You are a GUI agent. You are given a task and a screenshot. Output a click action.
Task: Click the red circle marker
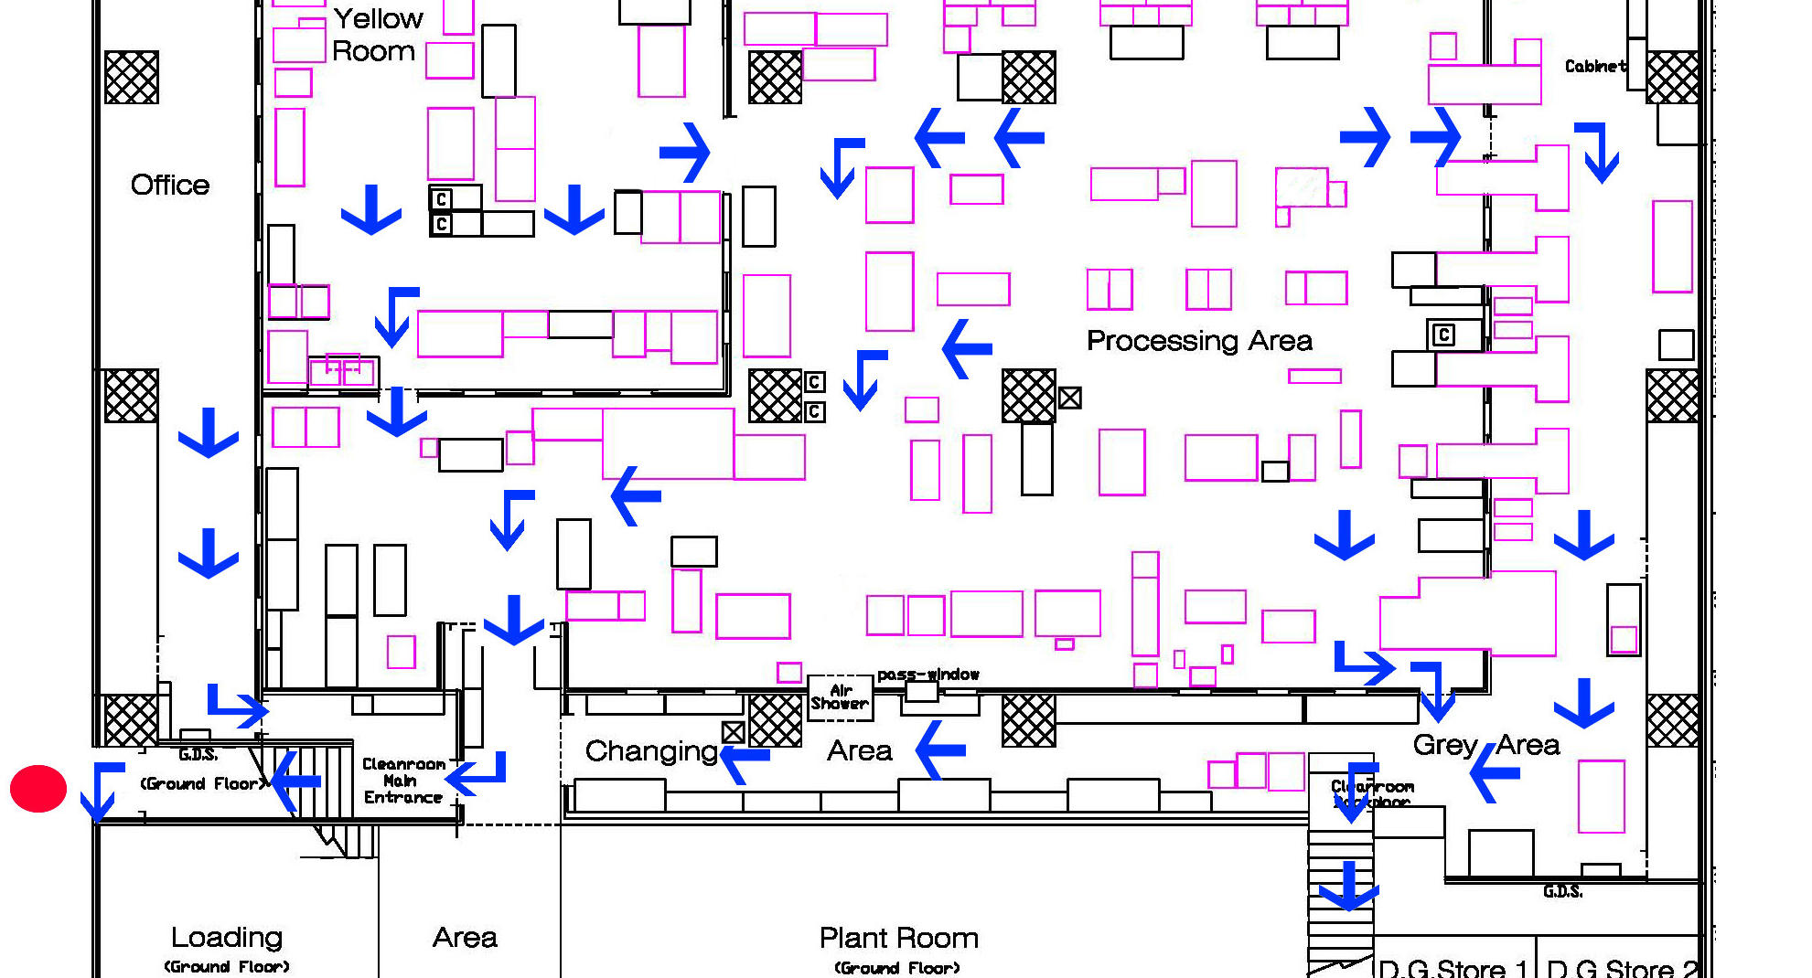[38, 789]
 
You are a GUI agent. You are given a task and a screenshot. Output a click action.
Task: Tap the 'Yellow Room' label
[377, 35]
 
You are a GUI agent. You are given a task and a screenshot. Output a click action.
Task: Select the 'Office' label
[170, 185]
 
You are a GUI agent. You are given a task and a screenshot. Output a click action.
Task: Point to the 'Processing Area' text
[1199, 341]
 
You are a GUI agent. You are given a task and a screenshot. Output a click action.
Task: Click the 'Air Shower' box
[840, 697]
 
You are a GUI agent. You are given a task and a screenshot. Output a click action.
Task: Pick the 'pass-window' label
[927, 675]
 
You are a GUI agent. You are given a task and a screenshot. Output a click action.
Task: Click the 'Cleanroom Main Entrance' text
[402, 781]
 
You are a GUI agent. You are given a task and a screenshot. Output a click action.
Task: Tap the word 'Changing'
[651, 751]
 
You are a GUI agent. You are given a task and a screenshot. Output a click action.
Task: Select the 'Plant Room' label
[898, 939]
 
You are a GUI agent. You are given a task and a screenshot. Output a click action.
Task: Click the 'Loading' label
[227, 938]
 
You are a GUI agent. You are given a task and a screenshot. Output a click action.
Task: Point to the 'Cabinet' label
[1595, 66]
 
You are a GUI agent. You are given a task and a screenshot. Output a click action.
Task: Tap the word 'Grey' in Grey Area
[1445, 745]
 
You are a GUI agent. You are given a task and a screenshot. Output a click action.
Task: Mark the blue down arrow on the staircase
[1348, 886]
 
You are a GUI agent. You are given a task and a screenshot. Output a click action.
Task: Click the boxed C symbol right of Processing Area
[1443, 335]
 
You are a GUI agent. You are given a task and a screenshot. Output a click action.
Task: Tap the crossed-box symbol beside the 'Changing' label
[733, 732]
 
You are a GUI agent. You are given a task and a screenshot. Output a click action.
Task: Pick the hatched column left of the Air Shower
[775, 720]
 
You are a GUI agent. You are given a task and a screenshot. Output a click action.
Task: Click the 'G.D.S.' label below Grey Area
[1562, 891]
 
